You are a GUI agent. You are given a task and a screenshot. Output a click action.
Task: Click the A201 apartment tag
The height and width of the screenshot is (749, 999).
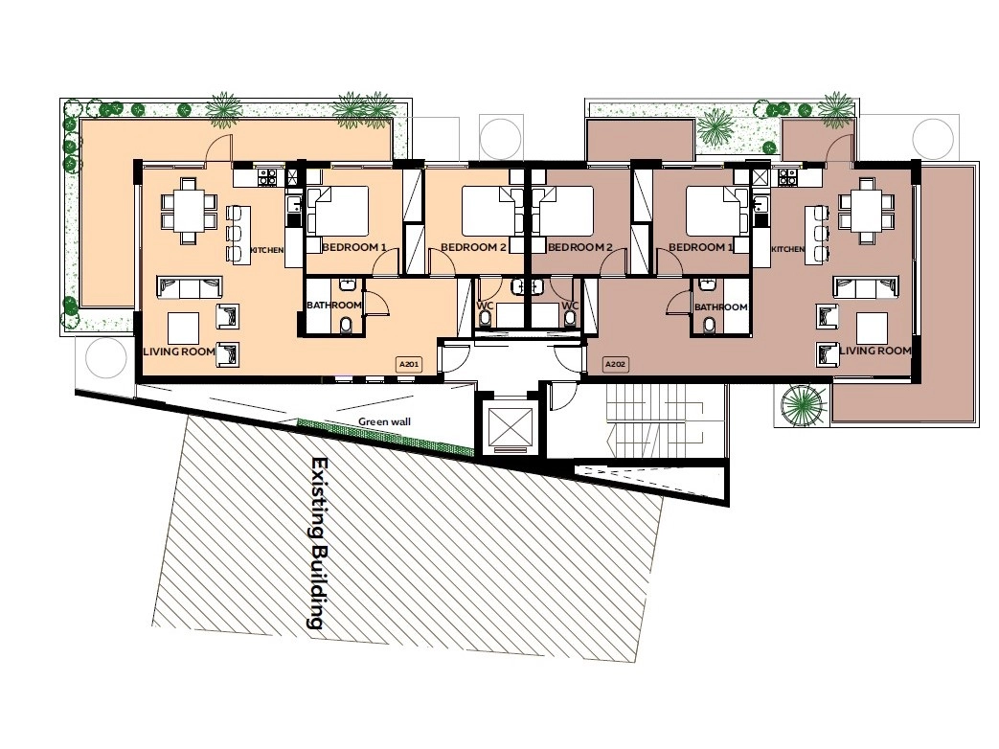pyautogui.click(x=408, y=364)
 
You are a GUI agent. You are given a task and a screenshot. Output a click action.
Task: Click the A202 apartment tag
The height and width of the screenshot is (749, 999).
pyautogui.click(x=615, y=364)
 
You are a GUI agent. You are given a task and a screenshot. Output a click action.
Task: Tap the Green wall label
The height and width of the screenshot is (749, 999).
pyautogui.click(x=384, y=421)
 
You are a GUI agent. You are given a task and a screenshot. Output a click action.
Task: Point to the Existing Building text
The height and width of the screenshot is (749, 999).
pyautogui.click(x=318, y=543)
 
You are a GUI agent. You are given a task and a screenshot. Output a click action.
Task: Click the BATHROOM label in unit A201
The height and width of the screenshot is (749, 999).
pyautogui.click(x=334, y=306)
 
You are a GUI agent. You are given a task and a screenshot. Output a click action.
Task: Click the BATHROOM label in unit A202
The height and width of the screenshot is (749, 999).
pyautogui.click(x=720, y=307)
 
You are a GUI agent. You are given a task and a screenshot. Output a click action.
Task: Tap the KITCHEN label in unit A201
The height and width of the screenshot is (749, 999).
pyautogui.click(x=267, y=250)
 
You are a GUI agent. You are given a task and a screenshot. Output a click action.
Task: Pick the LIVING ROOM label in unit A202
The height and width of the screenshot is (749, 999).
pyautogui.click(x=875, y=351)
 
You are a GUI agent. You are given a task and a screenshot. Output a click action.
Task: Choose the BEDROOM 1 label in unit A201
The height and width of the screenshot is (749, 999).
pyautogui.click(x=354, y=247)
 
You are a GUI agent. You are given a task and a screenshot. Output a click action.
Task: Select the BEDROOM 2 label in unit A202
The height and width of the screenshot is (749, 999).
pyautogui.click(x=579, y=247)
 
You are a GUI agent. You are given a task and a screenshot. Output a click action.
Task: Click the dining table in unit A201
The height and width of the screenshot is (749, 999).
pyautogui.click(x=188, y=211)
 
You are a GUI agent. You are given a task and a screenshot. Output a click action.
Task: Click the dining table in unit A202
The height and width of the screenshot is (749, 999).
pyautogui.click(x=866, y=211)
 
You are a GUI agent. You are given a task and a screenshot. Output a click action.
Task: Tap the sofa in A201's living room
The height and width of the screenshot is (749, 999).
pyautogui.click(x=190, y=287)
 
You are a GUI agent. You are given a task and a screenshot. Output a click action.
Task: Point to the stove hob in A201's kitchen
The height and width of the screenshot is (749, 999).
pyautogui.click(x=267, y=176)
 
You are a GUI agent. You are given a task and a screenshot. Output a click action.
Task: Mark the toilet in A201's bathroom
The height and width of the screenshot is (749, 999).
pyautogui.click(x=346, y=326)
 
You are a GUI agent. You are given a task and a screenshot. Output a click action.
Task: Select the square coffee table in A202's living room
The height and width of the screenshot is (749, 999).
pyautogui.click(x=873, y=328)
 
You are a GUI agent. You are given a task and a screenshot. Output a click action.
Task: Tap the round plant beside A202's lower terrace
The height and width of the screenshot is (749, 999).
pyautogui.click(x=802, y=405)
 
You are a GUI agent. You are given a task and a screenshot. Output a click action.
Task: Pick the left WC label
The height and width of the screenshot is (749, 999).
pyautogui.click(x=485, y=306)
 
